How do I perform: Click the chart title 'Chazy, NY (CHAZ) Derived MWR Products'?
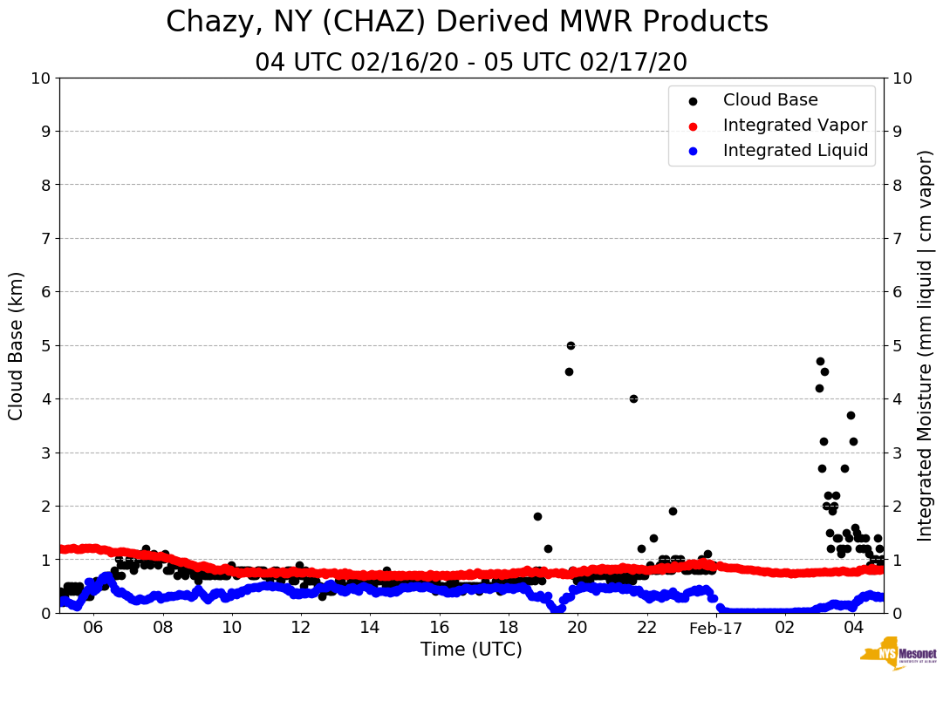tap(467, 22)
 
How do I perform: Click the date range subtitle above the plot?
tap(471, 63)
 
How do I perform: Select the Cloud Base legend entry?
tap(770, 101)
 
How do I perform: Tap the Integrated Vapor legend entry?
tap(795, 126)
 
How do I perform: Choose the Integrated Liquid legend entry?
tap(796, 151)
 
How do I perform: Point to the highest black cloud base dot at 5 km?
tap(571, 345)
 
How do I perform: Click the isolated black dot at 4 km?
tap(633, 398)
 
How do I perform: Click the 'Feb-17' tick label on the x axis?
tap(714, 628)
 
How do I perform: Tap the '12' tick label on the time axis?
tap(300, 628)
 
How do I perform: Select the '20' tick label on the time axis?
tap(577, 628)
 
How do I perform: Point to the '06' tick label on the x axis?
tap(93, 628)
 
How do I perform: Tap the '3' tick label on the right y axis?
tap(899, 453)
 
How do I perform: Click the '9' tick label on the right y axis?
tap(899, 132)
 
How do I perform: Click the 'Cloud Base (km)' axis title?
tap(17, 345)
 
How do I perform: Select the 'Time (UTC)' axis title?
tap(471, 650)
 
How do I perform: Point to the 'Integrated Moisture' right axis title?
tap(926, 345)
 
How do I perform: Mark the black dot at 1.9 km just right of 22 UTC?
tap(673, 511)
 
